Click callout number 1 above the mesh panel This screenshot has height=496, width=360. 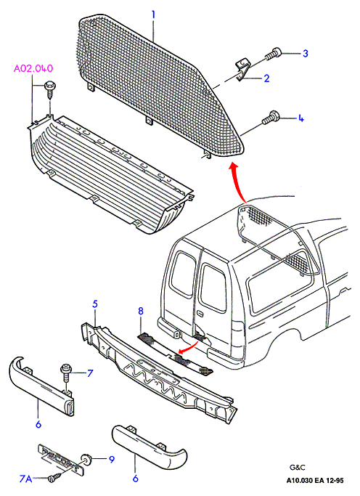[x=153, y=15]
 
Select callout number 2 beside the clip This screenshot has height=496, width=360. [x=267, y=78]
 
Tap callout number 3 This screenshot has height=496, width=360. [x=305, y=53]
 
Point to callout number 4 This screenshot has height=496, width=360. [x=300, y=118]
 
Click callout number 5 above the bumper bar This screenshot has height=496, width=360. [x=95, y=304]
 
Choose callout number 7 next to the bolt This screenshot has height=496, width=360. [x=90, y=373]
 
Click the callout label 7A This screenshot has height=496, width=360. [x=26, y=479]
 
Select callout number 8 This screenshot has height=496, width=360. [x=141, y=311]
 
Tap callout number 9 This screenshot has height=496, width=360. [x=112, y=459]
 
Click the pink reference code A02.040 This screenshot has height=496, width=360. [x=33, y=69]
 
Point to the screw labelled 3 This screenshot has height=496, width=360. [x=273, y=54]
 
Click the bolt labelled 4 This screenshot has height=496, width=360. [x=271, y=118]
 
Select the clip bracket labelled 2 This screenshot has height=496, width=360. [x=242, y=70]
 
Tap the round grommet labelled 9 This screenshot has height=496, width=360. [x=86, y=458]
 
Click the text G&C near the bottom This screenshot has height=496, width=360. [x=298, y=467]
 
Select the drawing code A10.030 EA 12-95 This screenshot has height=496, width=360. [x=315, y=481]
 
